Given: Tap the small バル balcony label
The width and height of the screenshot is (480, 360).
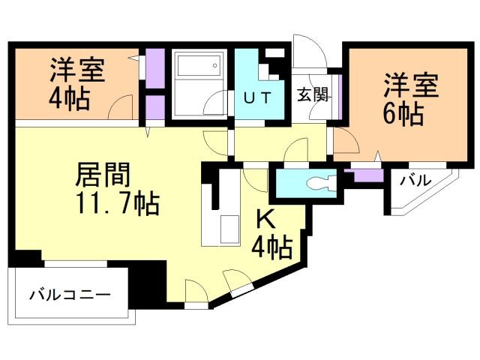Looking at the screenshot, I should tap(413, 180).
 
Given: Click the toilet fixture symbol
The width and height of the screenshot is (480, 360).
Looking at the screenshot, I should tap(318, 181).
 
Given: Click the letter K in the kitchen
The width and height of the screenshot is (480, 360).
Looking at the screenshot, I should tap(265, 218).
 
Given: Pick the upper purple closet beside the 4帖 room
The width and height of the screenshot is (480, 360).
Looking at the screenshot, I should tap(155, 68).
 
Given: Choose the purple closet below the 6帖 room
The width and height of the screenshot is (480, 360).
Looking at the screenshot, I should tap(366, 175).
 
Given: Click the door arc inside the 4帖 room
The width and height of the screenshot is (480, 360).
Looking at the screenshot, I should tap(120, 107).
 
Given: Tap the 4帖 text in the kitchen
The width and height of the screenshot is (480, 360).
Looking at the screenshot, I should tap(271, 245).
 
